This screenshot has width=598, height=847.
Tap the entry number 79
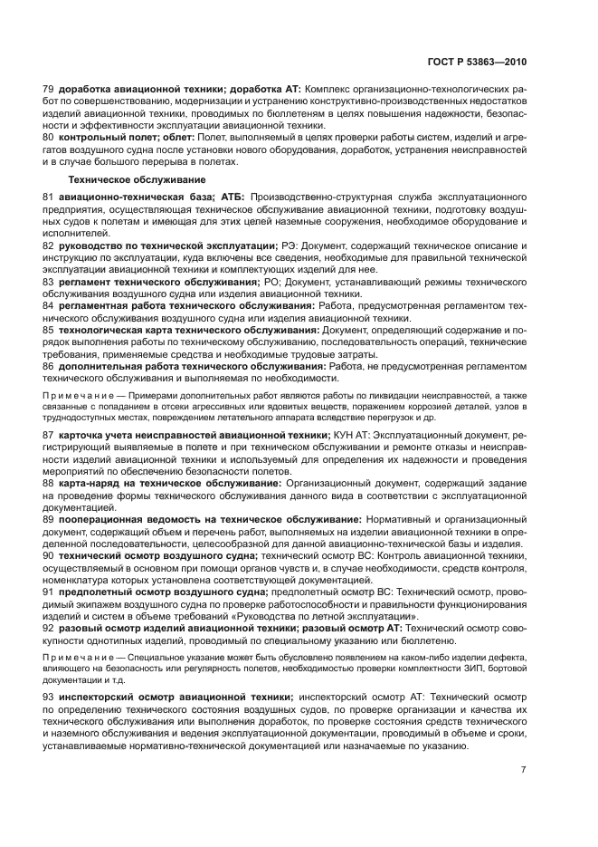click(x=49, y=90)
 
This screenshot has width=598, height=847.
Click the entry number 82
click(x=49, y=245)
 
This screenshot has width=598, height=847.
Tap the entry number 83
click(x=49, y=282)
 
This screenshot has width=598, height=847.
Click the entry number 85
click(x=49, y=331)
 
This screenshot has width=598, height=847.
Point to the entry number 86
click(x=49, y=365)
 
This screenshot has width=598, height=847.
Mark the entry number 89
click(x=49, y=518)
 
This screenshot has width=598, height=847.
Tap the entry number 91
click(x=49, y=591)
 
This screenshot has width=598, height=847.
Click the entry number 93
click(x=49, y=696)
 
